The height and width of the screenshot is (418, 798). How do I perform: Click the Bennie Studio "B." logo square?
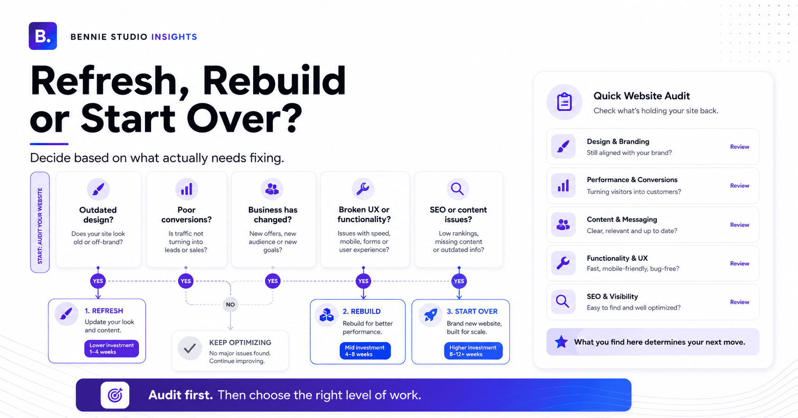43,36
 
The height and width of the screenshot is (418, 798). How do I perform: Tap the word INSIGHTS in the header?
174,37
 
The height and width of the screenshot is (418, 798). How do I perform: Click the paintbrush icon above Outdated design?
98,189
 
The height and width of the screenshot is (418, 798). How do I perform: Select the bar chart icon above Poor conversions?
186,189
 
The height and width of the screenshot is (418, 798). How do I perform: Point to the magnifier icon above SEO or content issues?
457,189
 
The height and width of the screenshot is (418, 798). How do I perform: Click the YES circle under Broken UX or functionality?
363,281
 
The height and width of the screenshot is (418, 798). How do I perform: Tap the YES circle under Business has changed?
272,281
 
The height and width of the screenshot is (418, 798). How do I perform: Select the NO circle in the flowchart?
230,305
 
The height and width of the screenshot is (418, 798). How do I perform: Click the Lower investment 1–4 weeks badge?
111,348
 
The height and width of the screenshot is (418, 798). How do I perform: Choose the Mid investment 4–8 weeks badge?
365,351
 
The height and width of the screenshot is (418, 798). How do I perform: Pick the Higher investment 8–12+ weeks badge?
473,351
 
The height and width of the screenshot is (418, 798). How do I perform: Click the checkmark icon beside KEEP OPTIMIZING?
190,348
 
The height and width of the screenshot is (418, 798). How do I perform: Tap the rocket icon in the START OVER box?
430,315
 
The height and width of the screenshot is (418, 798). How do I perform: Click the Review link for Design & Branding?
740,147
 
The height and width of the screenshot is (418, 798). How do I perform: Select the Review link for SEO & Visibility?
740,302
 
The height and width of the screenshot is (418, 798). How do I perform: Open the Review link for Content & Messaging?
740,225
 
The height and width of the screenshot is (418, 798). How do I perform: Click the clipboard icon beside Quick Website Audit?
564,102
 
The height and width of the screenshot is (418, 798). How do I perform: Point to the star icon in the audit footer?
561,342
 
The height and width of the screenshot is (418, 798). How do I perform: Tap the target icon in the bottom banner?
115,395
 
